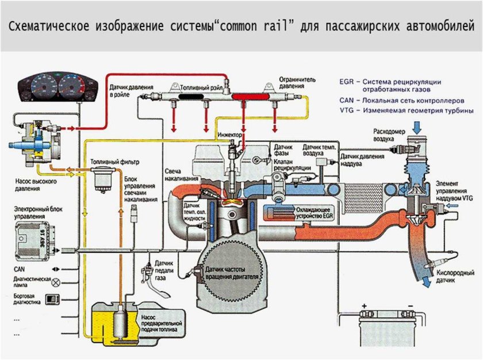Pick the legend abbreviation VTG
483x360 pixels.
(x=346, y=109)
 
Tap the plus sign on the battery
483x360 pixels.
(x=364, y=306)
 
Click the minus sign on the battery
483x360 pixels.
(x=409, y=306)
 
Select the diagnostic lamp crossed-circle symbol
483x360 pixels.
(x=55, y=282)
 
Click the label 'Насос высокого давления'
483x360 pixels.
(x=36, y=183)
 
